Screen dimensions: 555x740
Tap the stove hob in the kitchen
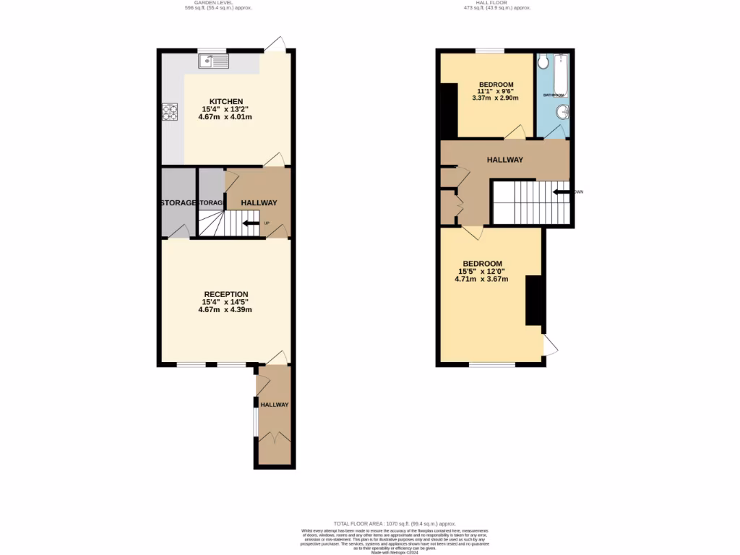click(x=170, y=111)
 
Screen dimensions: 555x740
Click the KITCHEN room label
click(x=226, y=101)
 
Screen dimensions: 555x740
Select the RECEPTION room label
click(x=226, y=294)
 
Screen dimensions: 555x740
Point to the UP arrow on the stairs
click(x=251, y=223)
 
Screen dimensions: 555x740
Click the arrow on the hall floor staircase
click(x=560, y=192)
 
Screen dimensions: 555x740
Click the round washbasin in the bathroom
click(x=564, y=112)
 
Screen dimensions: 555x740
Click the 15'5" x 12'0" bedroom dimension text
click(x=483, y=271)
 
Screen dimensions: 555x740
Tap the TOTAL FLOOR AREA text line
click(x=395, y=523)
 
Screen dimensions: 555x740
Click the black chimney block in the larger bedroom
click(x=534, y=301)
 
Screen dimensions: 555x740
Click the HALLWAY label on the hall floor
click(x=504, y=160)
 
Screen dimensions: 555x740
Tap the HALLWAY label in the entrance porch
click(x=275, y=405)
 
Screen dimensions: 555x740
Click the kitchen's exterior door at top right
click(x=275, y=45)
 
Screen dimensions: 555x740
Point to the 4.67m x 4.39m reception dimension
click(x=225, y=309)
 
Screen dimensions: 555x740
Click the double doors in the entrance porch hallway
click(x=275, y=438)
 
